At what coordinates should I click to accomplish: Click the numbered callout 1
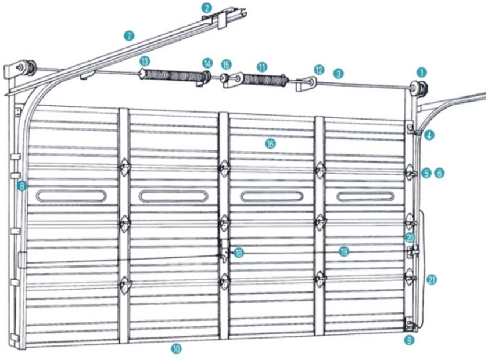pos(422,73)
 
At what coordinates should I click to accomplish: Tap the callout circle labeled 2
pos(207,8)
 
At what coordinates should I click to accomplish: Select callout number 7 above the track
pos(129,36)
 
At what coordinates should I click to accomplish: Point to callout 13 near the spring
pos(145,62)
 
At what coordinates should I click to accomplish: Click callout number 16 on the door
pos(271,143)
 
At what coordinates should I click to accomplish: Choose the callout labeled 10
pos(176,348)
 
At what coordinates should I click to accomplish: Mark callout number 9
pos(409,340)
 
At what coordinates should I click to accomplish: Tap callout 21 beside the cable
pos(431,280)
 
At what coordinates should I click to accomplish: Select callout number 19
pos(344,251)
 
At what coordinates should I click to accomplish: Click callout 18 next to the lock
pos(239,253)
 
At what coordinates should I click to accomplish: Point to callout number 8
pos(22,186)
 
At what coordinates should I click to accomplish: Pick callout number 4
pos(429,135)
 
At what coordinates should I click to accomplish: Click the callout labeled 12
pos(319,70)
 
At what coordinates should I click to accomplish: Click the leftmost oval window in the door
pos(71,196)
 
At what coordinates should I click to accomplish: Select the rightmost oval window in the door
pos(365,196)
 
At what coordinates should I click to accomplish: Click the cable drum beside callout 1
pos(419,88)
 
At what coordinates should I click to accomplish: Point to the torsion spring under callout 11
pos(264,80)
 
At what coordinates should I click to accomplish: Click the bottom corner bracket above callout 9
pos(410,325)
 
